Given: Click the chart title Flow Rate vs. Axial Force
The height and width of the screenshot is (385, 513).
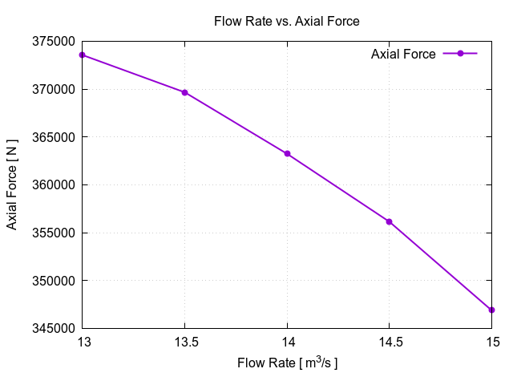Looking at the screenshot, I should [x=286, y=22].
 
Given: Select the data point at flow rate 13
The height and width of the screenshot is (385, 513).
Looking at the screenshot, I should [x=83, y=55].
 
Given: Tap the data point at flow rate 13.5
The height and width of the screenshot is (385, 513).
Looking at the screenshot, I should [x=185, y=92].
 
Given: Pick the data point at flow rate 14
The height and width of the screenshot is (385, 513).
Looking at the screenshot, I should [x=287, y=154].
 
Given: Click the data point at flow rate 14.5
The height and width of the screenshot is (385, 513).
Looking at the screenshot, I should [x=390, y=221].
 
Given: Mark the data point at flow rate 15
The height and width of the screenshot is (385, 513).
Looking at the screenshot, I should [x=491, y=310].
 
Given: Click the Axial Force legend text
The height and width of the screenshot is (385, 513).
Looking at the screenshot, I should [x=403, y=54].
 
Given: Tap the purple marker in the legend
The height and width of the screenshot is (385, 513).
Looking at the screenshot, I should [x=460, y=54].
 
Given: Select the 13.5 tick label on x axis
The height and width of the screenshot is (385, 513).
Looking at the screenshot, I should [x=185, y=342].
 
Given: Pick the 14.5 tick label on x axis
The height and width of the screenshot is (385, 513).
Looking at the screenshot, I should [x=390, y=342].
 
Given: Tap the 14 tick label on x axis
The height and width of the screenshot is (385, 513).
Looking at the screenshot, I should [x=287, y=342].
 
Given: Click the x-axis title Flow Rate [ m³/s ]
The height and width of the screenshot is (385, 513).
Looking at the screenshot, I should [x=287, y=363].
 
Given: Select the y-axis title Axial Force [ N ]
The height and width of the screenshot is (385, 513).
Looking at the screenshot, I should [x=12, y=185].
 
